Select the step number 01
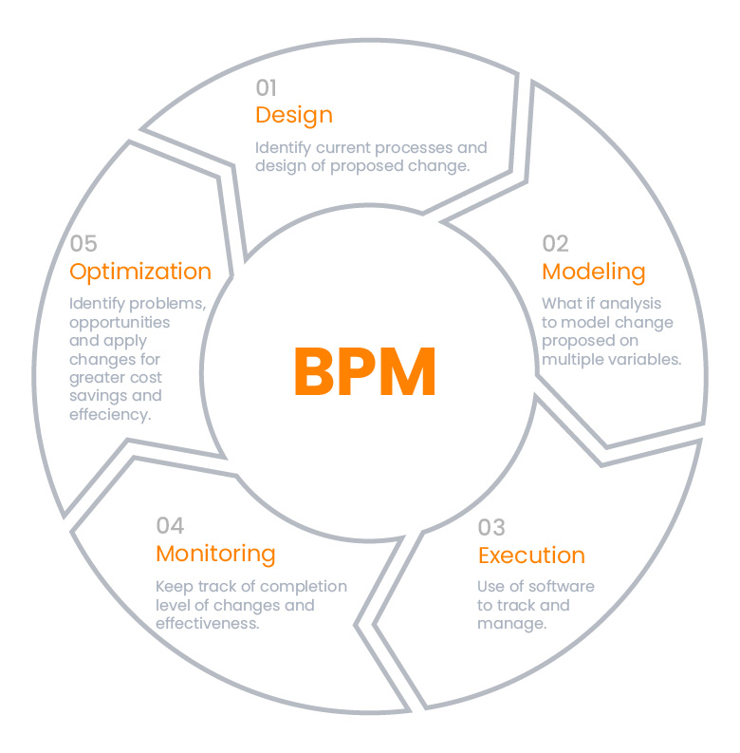(266, 88)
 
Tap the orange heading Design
(294, 116)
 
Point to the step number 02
(555, 244)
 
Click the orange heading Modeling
(593, 272)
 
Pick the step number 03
(491, 528)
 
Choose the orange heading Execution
(531, 555)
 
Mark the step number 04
(170, 526)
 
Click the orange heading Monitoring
(215, 554)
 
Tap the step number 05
(83, 244)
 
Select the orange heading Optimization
(140, 272)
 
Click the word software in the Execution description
(563, 586)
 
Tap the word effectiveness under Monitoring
(207, 624)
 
